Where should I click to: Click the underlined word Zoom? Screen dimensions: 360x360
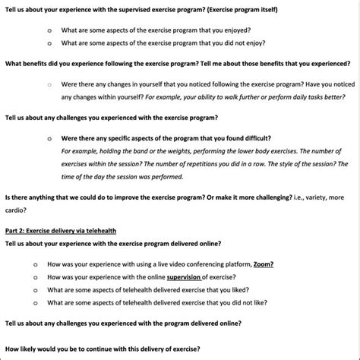263,264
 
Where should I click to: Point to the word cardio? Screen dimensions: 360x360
17,210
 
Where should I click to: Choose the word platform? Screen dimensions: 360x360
233,264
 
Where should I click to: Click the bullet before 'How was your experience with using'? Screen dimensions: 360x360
36,264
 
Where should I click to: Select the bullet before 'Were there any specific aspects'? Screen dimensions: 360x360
49,139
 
